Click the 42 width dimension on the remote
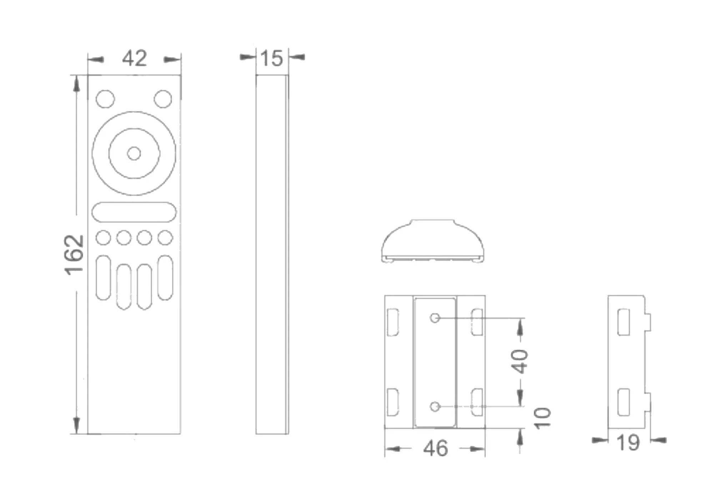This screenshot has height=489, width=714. (134, 59)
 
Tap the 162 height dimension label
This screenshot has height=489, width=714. (75, 255)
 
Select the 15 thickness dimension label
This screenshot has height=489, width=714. (272, 59)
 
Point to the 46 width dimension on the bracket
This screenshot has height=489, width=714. (435, 448)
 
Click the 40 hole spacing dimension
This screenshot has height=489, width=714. (520, 361)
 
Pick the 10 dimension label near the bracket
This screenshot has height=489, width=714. (543, 418)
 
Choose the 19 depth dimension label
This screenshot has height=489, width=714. (628, 443)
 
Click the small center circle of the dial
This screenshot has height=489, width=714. (134, 153)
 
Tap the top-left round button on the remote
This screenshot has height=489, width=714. (105, 99)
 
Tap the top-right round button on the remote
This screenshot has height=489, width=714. (163, 99)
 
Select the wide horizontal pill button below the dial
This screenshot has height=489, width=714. (134, 212)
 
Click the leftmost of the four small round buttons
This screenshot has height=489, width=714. (103, 238)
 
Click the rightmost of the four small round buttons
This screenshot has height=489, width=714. (165, 238)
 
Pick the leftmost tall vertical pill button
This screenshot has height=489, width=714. (103, 278)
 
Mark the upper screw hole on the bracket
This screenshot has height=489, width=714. (434, 318)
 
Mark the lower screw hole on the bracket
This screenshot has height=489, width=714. (434, 406)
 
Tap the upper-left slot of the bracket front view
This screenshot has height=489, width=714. (393, 322)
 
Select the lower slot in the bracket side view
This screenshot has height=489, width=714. (624, 402)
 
